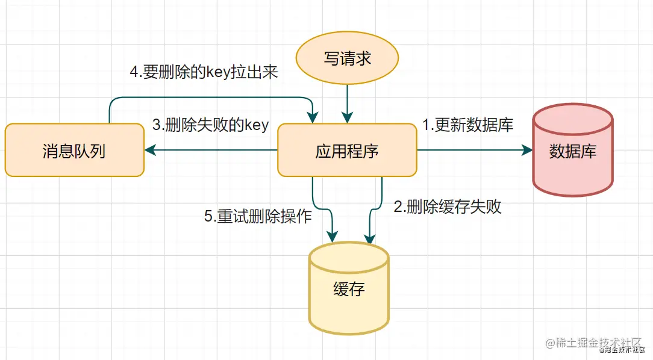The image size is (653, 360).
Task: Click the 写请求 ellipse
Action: coord(347,58)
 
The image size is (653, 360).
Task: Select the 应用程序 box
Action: coord(346,151)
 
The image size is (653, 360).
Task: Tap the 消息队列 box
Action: coord(74,151)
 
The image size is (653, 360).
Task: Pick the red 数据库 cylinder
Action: coord(572,151)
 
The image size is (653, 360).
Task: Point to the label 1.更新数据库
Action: coord(467,125)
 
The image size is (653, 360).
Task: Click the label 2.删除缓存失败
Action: coord(447,207)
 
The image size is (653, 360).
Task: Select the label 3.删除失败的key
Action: coord(210,125)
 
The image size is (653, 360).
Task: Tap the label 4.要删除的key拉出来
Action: coord(204,72)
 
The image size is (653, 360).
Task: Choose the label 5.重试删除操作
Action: coord(258,216)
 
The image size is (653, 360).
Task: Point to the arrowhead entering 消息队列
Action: coord(148,151)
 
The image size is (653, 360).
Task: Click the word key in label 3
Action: coord(255,125)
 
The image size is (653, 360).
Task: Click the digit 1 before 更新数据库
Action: coord(425,125)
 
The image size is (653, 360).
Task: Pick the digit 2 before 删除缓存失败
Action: coord(398,207)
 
